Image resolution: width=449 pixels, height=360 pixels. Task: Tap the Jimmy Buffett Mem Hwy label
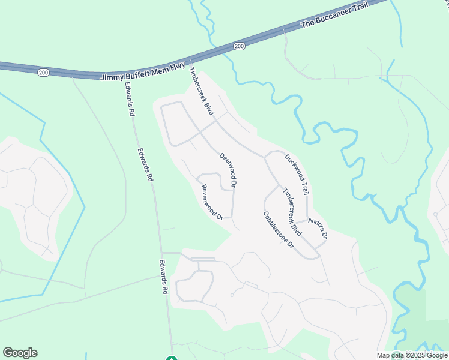(x=143, y=73)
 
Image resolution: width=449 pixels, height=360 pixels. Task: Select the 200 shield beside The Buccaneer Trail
(x=239, y=46)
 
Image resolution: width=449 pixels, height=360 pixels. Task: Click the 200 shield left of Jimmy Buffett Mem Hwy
(x=43, y=72)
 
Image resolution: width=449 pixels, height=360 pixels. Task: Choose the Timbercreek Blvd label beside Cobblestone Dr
(x=292, y=211)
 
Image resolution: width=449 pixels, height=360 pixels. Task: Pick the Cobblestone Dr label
(x=278, y=230)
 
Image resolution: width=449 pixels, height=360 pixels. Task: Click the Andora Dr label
(x=318, y=228)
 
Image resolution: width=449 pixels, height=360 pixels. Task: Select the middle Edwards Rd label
(x=144, y=165)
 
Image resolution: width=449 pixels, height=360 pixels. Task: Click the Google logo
(x=20, y=353)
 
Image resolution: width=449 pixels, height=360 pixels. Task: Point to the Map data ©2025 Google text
(x=412, y=355)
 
